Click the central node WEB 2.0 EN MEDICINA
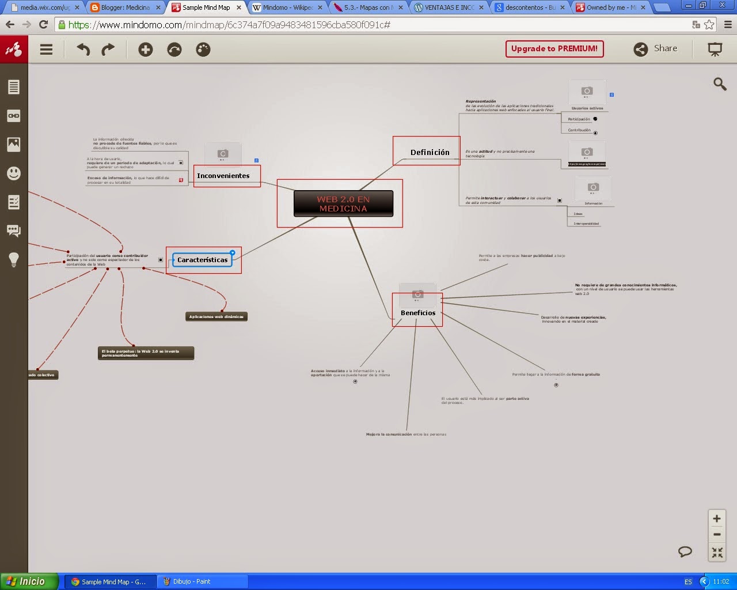pos(343,204)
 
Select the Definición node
pos(430,153)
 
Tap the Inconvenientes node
pos(223,176)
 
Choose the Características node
pos(202,260)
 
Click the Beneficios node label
pos(418,313)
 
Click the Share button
pos(655,49)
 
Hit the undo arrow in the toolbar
pos(83,50)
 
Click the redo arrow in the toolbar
pos(108,50)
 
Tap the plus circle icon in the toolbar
pos(146,50)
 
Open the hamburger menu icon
pos(47,50)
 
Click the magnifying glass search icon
pos(720,84)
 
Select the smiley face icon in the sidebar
pos(14,173)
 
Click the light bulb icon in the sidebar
pos(14,259)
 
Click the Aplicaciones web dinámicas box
pos(216,316)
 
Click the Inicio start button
pos(29,581)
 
